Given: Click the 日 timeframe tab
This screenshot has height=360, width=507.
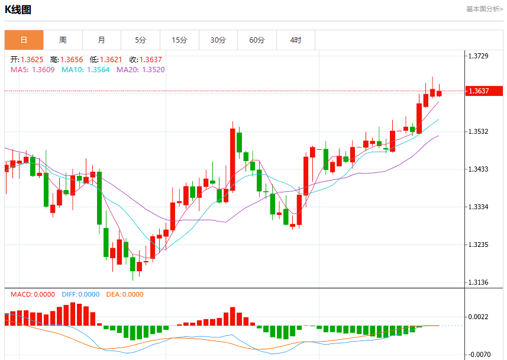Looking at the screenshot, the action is [24, 40].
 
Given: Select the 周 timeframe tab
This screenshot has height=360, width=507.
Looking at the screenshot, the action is [63, 40].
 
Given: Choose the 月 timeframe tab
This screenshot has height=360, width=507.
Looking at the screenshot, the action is [102, 40].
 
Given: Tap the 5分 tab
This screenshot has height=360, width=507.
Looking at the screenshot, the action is [140, 40].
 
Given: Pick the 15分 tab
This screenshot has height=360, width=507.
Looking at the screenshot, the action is [179, 40].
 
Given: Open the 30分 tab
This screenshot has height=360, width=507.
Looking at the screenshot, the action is [218, 40].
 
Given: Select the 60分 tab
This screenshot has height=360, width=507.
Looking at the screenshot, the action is [257, 40].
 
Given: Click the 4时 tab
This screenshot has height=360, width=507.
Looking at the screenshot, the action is [296, 40].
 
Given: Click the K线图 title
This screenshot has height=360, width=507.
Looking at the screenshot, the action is [18, 9].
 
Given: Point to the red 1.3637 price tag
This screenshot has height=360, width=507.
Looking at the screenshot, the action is [484, 91].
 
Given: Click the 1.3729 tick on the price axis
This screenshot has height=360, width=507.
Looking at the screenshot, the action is [478, 56].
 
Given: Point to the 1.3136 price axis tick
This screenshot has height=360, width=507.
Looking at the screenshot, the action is [478, 282].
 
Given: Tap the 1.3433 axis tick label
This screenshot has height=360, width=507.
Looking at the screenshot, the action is [478, 169].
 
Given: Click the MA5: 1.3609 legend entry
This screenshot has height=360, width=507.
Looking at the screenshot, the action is [33, 70].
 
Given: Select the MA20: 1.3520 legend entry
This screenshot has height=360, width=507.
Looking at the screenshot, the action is [141, 70].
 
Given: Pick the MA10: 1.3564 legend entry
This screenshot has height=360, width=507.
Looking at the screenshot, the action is [86, 70].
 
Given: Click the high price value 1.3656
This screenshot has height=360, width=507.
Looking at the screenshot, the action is [72, 60].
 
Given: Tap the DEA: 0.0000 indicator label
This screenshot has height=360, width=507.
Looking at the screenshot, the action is [125, 294].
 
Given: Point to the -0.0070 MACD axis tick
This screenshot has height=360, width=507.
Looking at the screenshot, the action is [479, 355].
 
